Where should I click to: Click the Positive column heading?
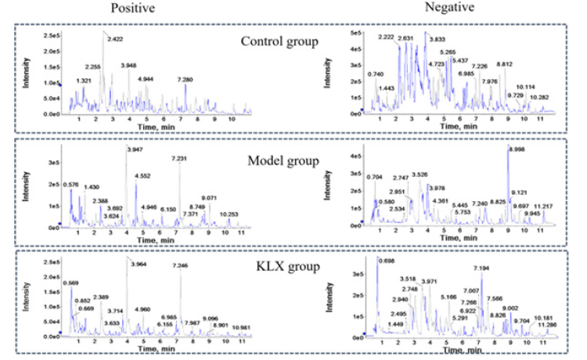coord(128,9)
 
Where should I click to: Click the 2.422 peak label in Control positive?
coord(114,38)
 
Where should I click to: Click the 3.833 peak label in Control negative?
coord(436,38)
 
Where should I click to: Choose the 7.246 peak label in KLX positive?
coord(182,266)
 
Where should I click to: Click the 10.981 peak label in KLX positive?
coord(241,327)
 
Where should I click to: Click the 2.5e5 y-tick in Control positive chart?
coord(50,36)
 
